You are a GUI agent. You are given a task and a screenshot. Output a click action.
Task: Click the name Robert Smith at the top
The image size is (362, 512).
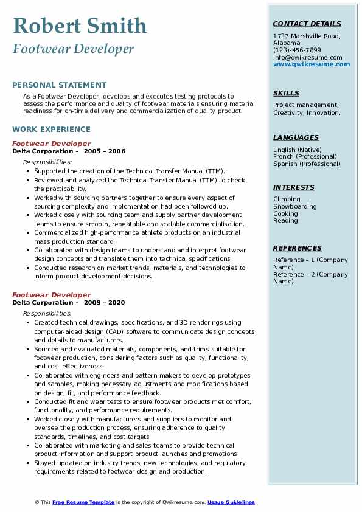[x=80, y=26]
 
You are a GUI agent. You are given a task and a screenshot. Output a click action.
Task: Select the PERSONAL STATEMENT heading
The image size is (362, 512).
[x=59, y=85]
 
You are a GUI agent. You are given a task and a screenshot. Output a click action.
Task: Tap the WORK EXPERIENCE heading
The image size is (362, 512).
[x=51, y=130]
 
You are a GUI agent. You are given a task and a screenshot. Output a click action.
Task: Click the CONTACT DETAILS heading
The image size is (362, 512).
[x=307, y=24]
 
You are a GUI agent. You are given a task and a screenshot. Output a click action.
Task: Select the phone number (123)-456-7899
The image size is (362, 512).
[x=297, y=50]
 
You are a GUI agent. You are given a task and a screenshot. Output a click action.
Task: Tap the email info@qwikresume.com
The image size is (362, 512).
[x=307, y=57]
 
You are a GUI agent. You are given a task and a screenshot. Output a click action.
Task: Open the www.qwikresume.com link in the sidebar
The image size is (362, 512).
[x=312, y=64]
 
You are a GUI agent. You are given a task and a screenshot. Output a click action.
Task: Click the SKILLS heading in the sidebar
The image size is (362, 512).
[x=286, y=93]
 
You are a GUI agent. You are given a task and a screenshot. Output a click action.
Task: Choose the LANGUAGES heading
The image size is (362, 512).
[x=296, y=137]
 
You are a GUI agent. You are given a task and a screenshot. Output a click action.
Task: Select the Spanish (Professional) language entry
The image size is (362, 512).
[x=307, y=164]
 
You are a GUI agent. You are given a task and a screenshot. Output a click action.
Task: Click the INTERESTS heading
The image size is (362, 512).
[x=294, y=187]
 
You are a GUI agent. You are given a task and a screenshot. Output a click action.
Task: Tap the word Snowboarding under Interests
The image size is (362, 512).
[x=295, y=206]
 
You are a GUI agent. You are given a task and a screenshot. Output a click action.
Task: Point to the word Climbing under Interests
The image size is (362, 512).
[x=287, y=199]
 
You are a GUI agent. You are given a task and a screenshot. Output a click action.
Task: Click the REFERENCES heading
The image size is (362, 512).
[x=298, y=248]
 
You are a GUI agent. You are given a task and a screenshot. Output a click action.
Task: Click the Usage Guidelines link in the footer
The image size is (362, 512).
[x=231, y=502]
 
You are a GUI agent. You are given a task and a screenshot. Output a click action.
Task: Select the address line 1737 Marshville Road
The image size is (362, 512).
[x=306, y=36]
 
